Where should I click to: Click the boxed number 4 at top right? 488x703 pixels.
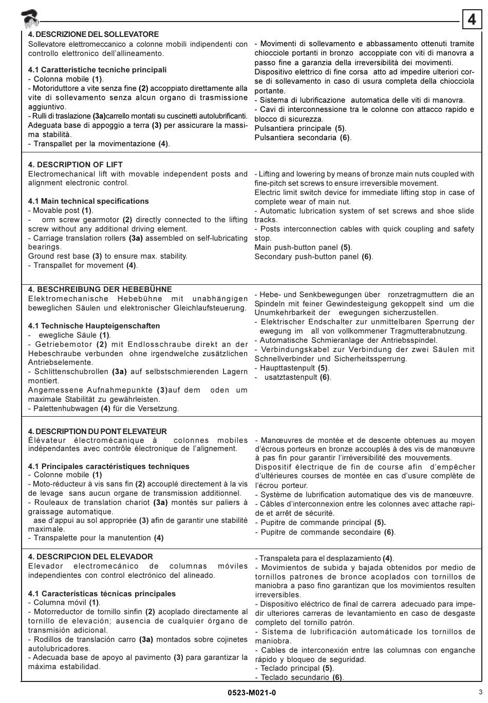point(472,19)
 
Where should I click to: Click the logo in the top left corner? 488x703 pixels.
point(30,19)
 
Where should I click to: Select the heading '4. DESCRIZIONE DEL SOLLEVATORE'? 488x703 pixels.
point(93,34)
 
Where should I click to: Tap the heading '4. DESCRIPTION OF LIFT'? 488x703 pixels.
point(76,165)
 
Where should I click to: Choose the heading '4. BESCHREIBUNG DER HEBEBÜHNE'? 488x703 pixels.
point(100,289)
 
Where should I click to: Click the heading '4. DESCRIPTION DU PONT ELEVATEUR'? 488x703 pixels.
point(98,432)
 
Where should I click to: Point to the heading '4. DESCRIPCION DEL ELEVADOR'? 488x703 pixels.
point(90,557)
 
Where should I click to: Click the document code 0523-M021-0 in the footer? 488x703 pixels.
point(252,693)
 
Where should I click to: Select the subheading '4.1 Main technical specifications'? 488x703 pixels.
point(88,201)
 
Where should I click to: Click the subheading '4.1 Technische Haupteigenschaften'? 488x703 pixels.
point(94,326)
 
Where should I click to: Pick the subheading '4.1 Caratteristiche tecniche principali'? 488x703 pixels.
point(98,70)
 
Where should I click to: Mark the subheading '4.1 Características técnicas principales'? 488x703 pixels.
point(102,594)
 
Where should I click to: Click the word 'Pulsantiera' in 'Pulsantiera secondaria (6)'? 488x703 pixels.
point(275,138)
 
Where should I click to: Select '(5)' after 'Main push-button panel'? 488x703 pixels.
point(346,247)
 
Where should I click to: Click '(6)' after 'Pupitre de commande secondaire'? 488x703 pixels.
point(389,532)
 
